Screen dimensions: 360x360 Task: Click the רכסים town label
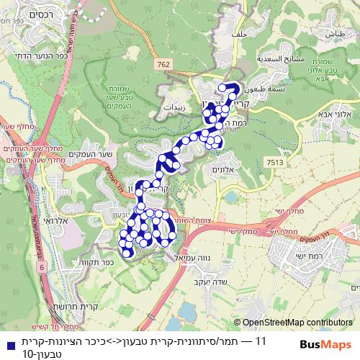[27, 14]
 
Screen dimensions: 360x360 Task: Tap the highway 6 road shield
[41, 267]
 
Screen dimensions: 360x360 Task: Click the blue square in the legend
[7, 340]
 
